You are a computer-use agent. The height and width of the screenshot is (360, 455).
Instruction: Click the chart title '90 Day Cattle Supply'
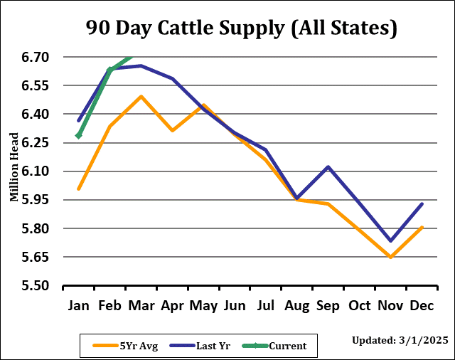(x=241, y=28)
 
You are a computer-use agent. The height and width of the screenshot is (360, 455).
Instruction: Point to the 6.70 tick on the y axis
(x=33, y=57)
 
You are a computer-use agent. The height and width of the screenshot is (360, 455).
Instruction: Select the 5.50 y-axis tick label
(x=33, y=286)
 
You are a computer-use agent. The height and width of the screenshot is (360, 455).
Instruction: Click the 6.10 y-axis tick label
(x=33, y=171)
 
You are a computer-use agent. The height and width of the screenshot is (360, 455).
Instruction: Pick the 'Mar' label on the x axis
(x=141, y=307)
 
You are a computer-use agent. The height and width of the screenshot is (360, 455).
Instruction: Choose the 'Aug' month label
(x=297, y=307)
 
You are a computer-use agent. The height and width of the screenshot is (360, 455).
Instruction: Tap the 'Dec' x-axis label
(x=422, y=307)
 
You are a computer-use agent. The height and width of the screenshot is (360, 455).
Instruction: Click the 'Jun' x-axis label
(x=235, y=307)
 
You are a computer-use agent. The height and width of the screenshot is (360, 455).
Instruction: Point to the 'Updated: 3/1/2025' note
(x=400, y=341)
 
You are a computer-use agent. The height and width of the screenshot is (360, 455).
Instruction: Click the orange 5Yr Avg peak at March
(x=141, y=96)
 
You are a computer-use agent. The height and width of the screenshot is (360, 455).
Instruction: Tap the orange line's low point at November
(x=390, y=257)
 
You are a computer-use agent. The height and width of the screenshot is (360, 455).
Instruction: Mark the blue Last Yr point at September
(x=328, y=166)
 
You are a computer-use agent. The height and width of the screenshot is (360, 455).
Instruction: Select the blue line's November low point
(x=390, y=240)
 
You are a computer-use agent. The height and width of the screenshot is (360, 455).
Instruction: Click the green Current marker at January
(x=79, y=135)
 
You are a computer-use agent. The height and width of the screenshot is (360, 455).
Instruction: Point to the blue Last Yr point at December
(x=422, y=204)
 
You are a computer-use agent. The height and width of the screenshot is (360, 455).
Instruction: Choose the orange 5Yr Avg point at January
(x=79, y=189)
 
